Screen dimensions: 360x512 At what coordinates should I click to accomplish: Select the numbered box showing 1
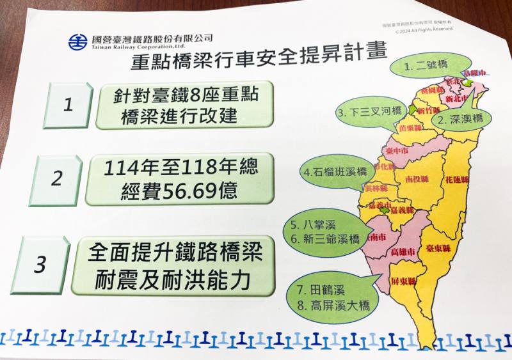(68, 105)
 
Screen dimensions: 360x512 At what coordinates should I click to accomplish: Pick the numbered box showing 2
(57, 178)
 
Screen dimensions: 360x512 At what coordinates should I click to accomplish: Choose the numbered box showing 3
(40, 264)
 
